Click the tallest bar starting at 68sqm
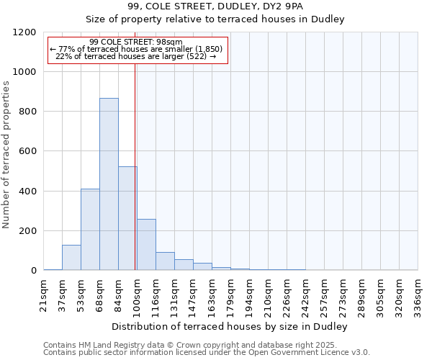109,184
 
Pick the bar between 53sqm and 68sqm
90,230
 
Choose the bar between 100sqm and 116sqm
146,245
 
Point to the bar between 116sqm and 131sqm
165,261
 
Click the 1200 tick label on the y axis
24,32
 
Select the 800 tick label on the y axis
27,112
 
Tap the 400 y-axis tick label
27,192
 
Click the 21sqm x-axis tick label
44,294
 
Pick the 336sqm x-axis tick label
418,295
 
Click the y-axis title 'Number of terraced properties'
6,155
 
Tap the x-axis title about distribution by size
230,327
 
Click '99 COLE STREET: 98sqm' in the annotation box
137,42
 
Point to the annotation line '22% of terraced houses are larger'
137,57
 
